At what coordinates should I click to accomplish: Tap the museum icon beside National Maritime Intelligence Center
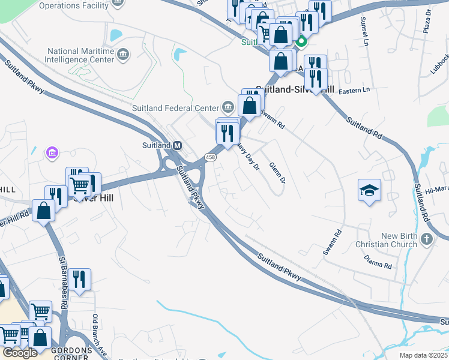point(123,56)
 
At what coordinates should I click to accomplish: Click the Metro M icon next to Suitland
point(177,145)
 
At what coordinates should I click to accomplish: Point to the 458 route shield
point(209,157)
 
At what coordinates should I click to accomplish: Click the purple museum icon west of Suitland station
point(52,154)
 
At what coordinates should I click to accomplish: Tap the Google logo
point(20,353)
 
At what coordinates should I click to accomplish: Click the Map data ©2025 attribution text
point(423,355)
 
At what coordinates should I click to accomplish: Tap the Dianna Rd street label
point(378,262)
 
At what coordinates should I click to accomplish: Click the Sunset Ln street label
point(364,31)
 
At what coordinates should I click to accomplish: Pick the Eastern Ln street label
point(354,90)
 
